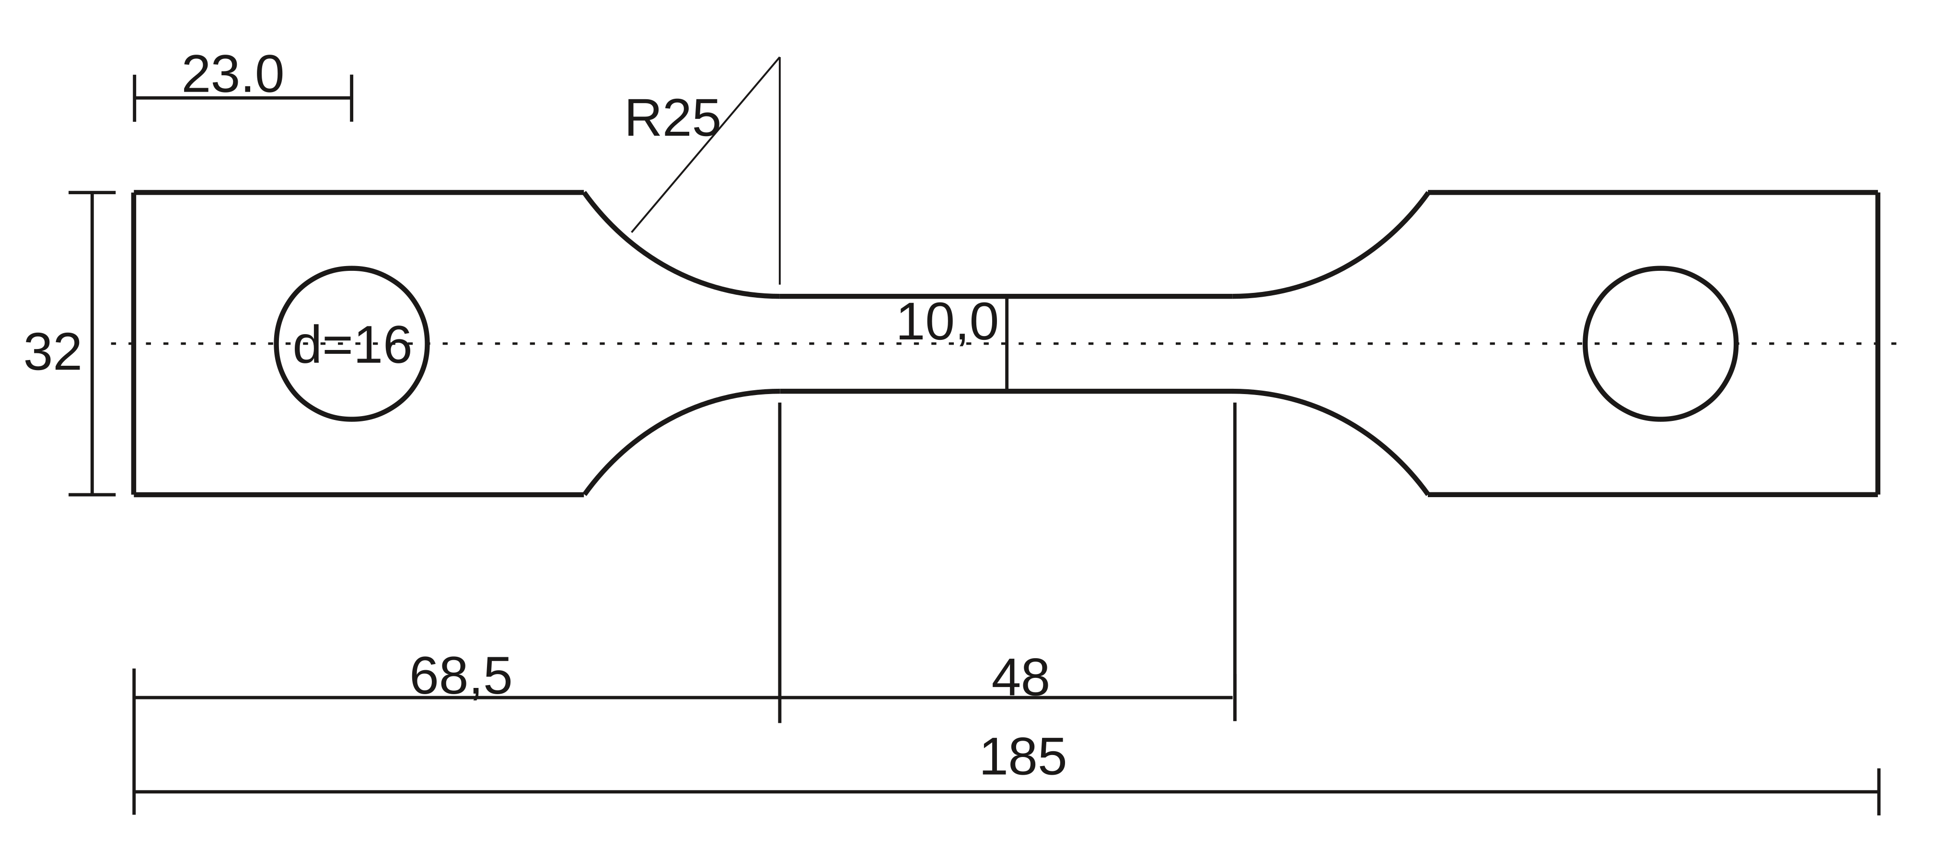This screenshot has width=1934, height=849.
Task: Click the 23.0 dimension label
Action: tap(233, 75)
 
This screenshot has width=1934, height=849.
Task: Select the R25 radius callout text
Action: tap(672, 118)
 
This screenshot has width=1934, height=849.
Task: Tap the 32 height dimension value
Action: tap(53, 352)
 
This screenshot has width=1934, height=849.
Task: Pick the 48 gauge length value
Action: tap(1020, 679)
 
